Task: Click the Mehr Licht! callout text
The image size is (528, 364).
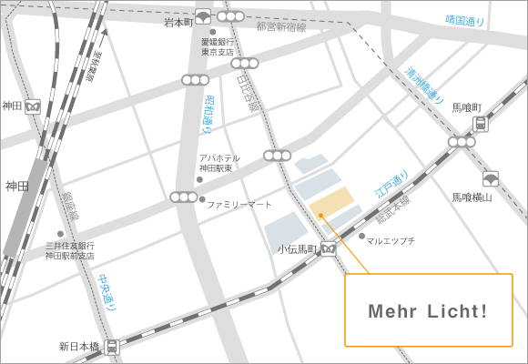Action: pyautogui.click(x=428, y=311)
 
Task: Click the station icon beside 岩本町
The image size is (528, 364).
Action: pyautogui.click(x=202, y=16)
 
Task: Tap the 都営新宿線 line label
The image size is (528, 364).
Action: pyautogui.click(x=280, y=27)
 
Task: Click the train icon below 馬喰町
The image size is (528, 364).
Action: pyautogui.click(x=480, y=125)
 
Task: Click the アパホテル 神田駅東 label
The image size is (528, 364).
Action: pyautogui.click(x=218, y=163)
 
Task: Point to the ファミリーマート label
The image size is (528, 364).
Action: pyautogui.click(x=239, y=205)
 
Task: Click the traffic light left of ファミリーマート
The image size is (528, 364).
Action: pyautogui.click(x=183, y=197)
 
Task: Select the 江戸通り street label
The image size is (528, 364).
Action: pyautogui.click(x=392, y=187)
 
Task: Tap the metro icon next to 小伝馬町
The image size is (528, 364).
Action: pyautogui.click(x=328, y=248)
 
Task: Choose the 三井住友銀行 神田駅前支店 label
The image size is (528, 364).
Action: pyautogui.click(x=69, y=251)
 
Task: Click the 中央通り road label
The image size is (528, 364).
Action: pyautogui.click(x=107, y=292)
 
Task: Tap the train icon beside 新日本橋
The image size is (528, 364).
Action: pyautogui.click(x=111, y=347)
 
